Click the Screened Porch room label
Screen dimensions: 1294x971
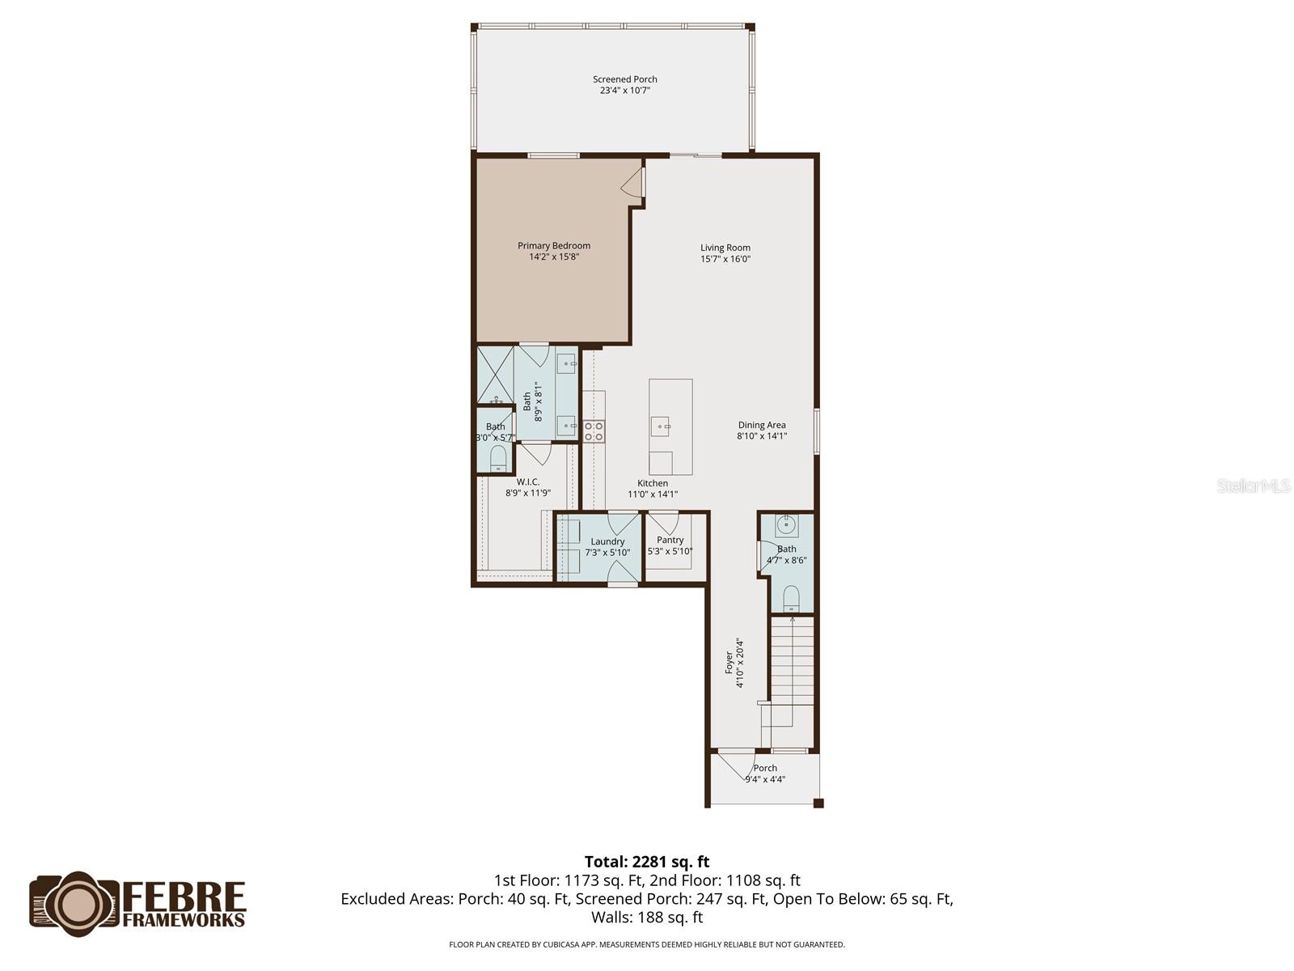[x=625, y=79]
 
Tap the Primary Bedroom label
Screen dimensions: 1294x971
[x=553, y=245]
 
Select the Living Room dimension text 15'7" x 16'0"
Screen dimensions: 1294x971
[x=725, y=259]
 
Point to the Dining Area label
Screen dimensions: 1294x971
[x=762, y=425]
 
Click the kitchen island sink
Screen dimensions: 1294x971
[x=660, y=426]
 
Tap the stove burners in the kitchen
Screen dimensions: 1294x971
[x=593, y=430]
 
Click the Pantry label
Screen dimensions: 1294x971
[x=670, y=540]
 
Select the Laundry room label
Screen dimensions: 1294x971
[x=607, y=541]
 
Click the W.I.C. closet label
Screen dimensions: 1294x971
[x=527, y=481]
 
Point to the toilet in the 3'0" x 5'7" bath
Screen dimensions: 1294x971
[x=498, y=458]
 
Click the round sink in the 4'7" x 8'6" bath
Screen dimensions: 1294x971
[x=786, y=524]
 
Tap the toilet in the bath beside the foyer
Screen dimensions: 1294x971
[x=790, y=598]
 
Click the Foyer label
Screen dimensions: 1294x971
[x=729, y=663]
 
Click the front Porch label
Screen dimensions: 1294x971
[x=765, y=768]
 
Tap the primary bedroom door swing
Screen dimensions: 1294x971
[x=631, y=182]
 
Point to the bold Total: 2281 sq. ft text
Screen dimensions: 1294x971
[x=647, y=862]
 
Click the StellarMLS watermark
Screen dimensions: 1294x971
[x=1254, y=485]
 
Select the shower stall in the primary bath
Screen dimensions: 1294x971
[x=495, y=375]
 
